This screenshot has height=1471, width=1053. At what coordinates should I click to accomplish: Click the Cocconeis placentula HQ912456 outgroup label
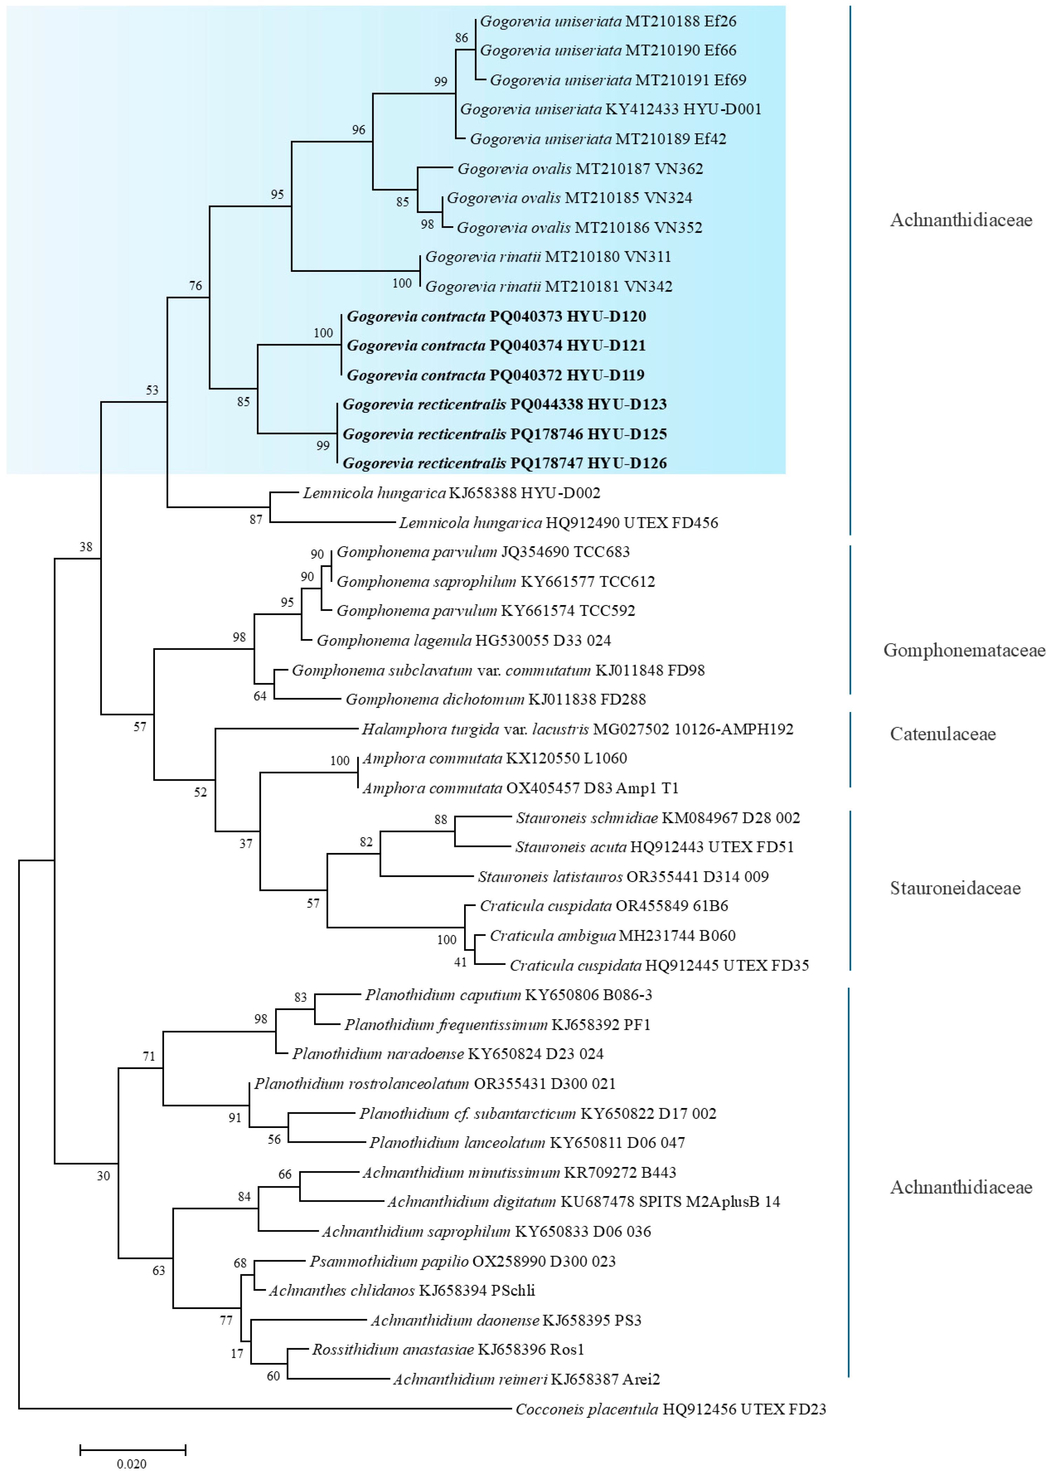[x=671, y=1409]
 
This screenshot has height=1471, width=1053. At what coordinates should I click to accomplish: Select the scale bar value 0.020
[x=132, y=1463]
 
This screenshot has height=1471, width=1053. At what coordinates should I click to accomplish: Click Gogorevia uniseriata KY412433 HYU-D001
[x=610, y=109]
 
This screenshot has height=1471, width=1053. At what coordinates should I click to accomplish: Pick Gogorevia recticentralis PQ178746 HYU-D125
[x=504, y=434]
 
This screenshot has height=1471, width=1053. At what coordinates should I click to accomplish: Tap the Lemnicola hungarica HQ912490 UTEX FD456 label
[x=558, y=523]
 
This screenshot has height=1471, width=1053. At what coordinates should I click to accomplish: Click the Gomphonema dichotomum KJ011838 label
[x=495, y=699]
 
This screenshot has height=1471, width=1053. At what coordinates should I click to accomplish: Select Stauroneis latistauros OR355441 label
[x=623, y=877]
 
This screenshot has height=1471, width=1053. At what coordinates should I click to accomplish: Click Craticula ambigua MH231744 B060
[x=612, y=935]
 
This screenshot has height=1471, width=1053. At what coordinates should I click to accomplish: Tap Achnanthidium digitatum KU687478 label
[x=584, y=1202]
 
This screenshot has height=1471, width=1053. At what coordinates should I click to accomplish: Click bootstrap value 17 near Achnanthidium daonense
[x=237, y=1354]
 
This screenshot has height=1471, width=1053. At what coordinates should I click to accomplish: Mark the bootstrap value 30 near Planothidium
[x=103, y=1176]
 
